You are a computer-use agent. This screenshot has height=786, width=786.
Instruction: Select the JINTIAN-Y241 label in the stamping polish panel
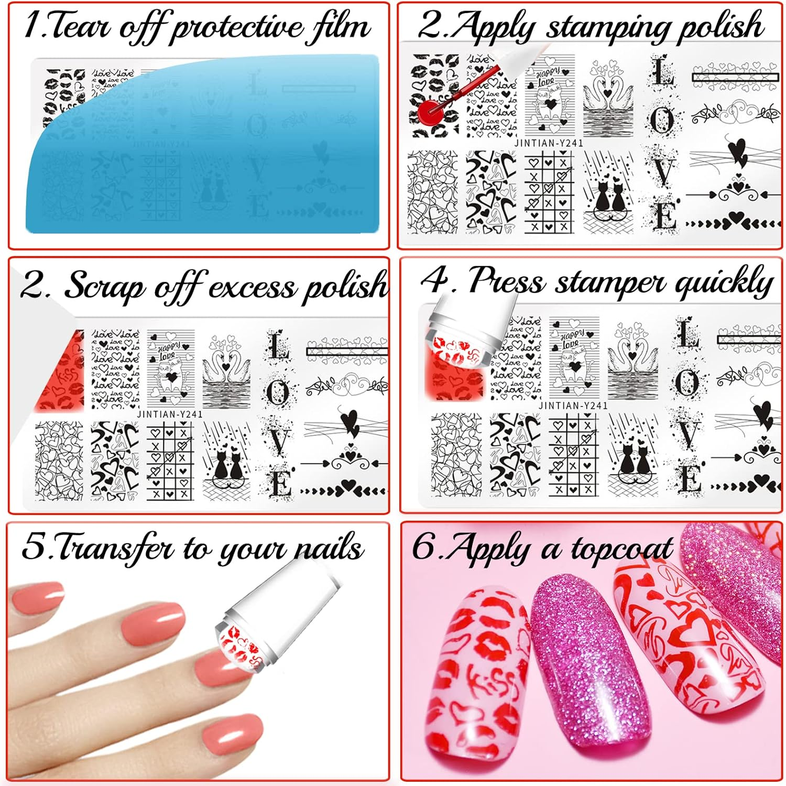tap(548, 143)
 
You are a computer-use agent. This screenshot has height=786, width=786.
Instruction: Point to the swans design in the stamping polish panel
tap(607, 100)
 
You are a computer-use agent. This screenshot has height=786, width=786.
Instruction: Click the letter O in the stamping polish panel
tap(662, 121)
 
